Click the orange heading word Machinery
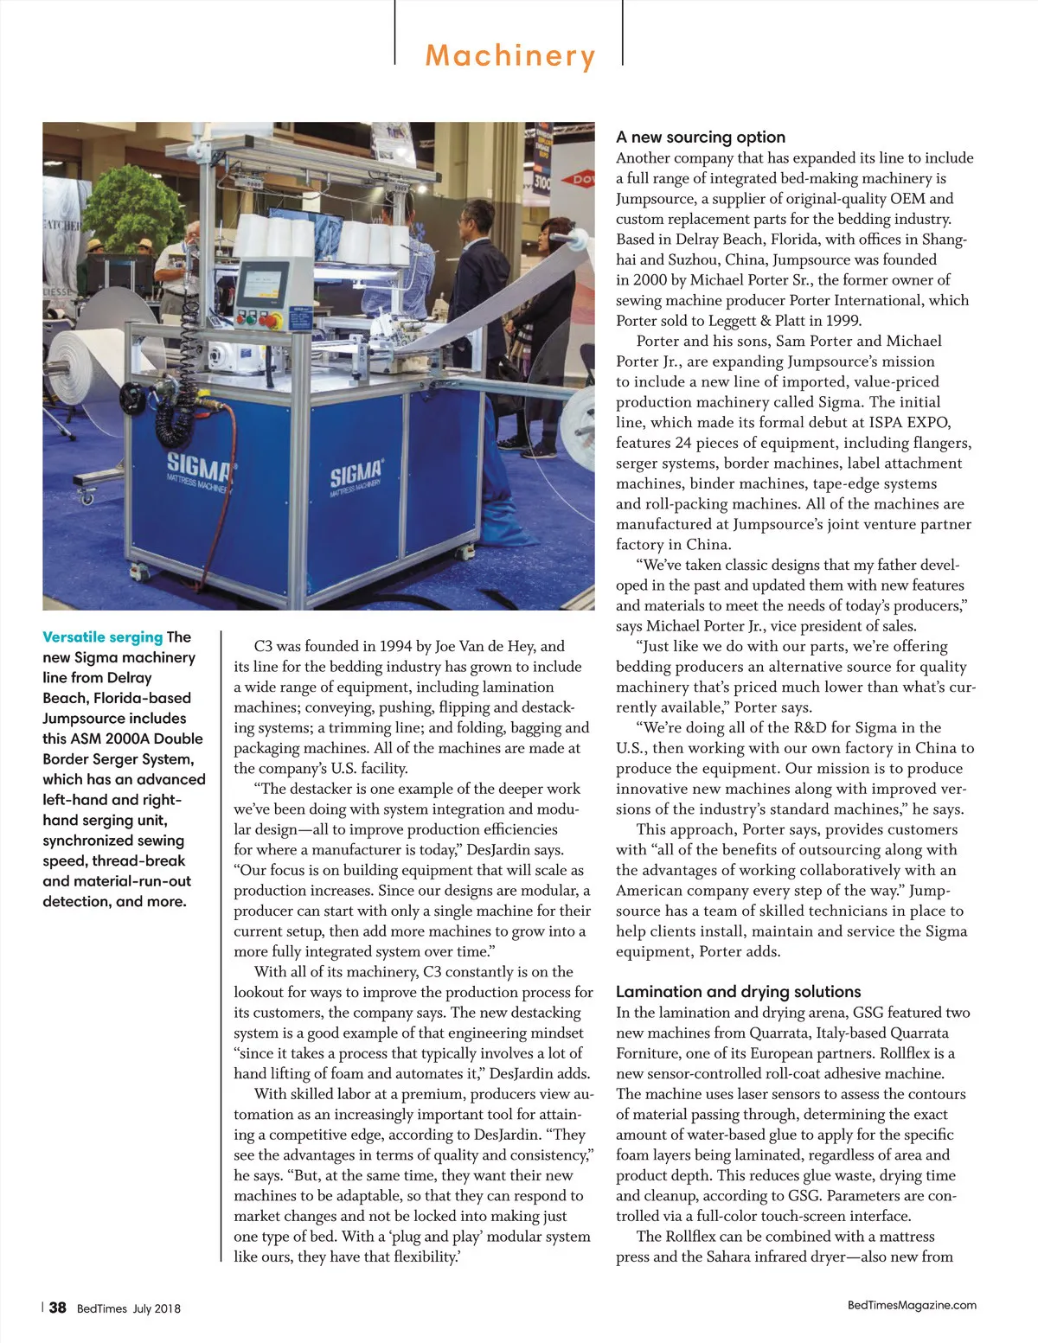(510, 56)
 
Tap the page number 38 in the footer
(57, 1308)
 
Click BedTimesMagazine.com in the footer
(912, 1305)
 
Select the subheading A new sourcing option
(701, 137)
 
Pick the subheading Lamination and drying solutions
(738, 992)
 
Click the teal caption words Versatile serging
(102, 637)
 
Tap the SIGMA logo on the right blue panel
(356, 476)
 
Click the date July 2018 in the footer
(157, 1308)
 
